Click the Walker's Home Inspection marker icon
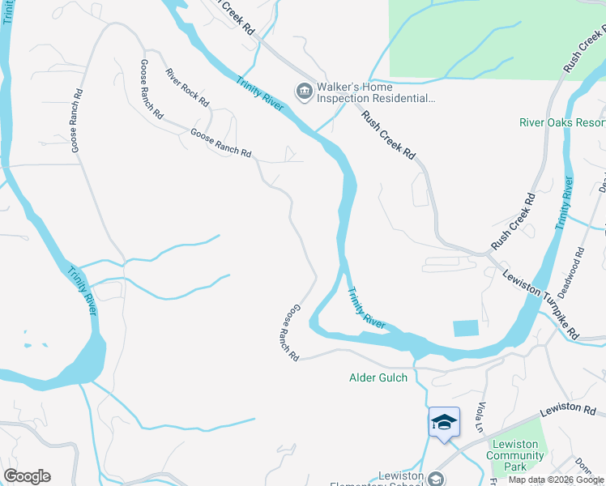click(x=305, y=89)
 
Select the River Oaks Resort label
click(x=562, y=122)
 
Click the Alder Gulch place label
click(x=379, y=377)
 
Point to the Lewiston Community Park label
click(x=515, y=455)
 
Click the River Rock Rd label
click(x=187, y=87)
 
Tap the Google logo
click(x=27, y=476)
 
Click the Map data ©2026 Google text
click(x=556, y=480)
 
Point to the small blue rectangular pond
click(x=465, y=328)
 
